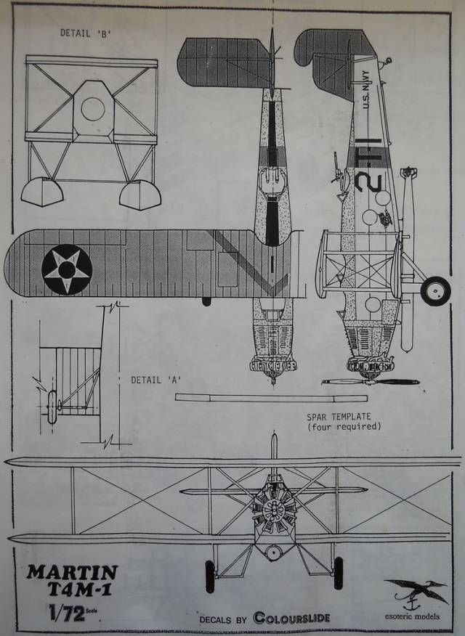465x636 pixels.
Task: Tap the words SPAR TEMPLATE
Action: tap(339, 417)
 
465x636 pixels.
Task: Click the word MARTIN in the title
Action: tap(72, 571)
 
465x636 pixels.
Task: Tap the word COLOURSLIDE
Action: tap(291, 618)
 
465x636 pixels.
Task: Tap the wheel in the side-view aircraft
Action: tap(435, 290)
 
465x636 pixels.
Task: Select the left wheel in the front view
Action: tap(210, 576)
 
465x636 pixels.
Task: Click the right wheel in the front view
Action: tap(338, 574)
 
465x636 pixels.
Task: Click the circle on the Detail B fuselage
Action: tap(93, 109)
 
